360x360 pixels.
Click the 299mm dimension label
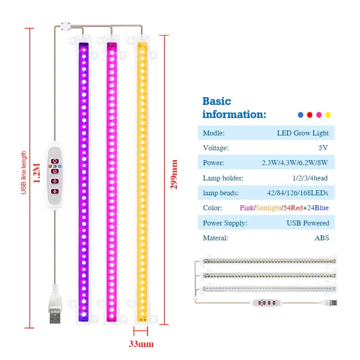coord(174,174)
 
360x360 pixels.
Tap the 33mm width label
coord(141,344)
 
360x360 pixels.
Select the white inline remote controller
coord(54,176)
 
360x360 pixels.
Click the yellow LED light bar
coord(143,180)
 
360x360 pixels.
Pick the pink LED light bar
coord(112,180)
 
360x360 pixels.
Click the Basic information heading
coord(234,108)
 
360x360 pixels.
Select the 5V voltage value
coord(324,148)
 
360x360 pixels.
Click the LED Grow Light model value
coord(303,133)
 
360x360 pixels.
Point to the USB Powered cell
coord(308,223)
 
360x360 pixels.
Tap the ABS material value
coord(322,238)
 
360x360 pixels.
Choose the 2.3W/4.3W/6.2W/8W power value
coord(295,163)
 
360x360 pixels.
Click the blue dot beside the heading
coord(301,115)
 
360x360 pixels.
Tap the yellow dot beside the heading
coord(328,115)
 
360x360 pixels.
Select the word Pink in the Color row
coord(247,208)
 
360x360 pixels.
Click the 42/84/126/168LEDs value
coord(297,193)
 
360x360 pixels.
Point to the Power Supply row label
coord(225,223)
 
